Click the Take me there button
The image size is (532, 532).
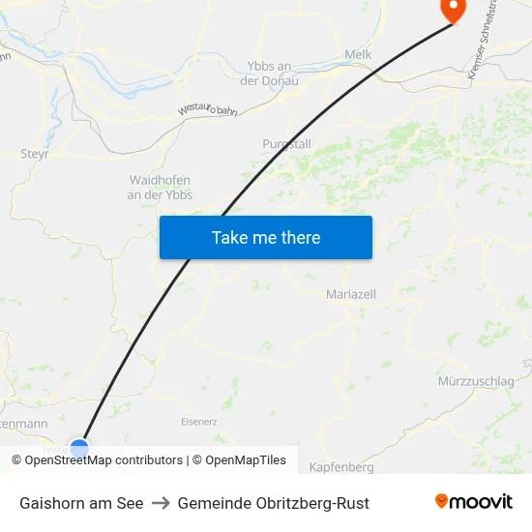click(266, 237)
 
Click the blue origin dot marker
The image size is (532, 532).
click(79, 449)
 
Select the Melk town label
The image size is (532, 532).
click(358, 55)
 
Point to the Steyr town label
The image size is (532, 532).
click(35, 153)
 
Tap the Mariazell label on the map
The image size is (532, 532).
click(351, 293)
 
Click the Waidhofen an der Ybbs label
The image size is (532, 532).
click(161, 188)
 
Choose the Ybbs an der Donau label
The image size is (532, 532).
click(270, 73)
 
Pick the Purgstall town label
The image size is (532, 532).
click(286, 143)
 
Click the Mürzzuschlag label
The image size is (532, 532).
click(476, 381)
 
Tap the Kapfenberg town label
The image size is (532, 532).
click(340, 467)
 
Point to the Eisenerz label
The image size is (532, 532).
click(200, 422)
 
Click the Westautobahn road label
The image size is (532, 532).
click(207, 109)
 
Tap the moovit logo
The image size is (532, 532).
click(473, 502)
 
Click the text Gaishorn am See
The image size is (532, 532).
click(81, 503)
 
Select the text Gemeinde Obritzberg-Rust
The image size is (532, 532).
click(273, 503)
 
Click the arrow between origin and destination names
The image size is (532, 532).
click(161, 503)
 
